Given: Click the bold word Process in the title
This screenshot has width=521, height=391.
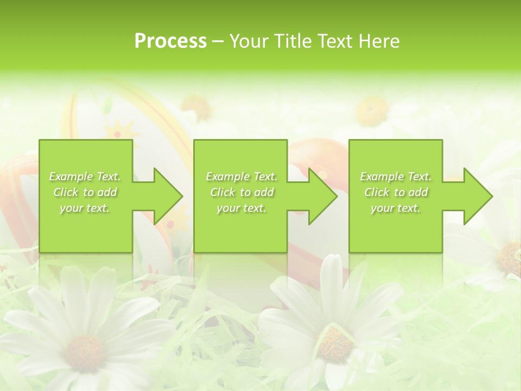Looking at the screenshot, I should coord(170,41).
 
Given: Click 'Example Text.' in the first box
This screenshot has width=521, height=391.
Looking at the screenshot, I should coord(85,176).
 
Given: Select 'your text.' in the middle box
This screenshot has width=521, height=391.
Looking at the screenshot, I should coord(241,208).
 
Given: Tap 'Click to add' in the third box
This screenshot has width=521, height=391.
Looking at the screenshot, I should coord(396,192).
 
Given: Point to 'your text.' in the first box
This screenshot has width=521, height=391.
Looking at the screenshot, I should coord(85,208).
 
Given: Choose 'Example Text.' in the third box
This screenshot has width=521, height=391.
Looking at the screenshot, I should coord(396,176).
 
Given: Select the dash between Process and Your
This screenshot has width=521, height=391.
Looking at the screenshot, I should coord(219,42).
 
